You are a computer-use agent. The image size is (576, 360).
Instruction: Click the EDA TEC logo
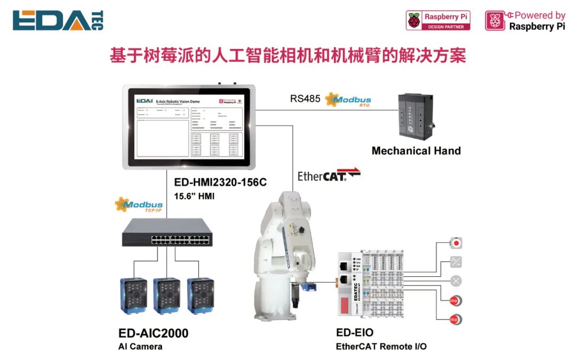point(58,20)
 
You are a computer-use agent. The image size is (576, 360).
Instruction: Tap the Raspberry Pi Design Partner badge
point(438,21)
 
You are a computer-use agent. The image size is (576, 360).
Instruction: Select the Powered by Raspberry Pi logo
point(525,21)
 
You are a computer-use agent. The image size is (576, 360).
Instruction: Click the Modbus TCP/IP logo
point(139,205)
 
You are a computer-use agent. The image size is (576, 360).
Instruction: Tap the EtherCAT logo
point(329,174)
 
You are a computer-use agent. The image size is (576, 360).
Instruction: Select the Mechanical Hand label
point(416,151)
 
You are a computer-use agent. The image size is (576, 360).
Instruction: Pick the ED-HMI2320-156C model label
point(220,182)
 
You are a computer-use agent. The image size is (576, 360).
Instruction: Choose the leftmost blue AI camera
point(133,294)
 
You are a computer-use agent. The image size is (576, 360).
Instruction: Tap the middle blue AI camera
point(167,294)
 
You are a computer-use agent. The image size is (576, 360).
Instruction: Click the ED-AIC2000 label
point(154,333)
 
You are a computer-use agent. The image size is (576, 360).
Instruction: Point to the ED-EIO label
point(355,333)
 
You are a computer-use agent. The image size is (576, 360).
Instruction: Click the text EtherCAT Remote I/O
point(381,347)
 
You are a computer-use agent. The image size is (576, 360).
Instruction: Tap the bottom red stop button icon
point(455,319)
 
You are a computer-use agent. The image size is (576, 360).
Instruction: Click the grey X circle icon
point(455,281)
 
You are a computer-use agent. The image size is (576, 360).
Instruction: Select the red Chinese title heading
point(287,56)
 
